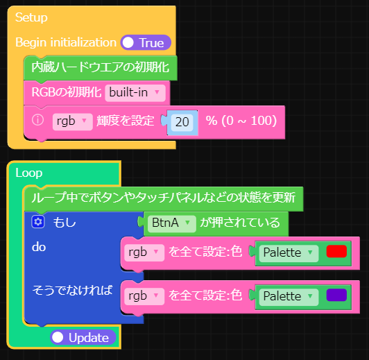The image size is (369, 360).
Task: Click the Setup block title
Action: click(x=31, y=17)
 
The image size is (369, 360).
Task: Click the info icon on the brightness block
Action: click(x=38, y=120)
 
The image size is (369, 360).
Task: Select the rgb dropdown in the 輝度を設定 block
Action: click(x=72, y=121)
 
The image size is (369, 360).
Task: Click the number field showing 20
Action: click(x=182, y=121)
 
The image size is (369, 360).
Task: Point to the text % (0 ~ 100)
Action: click(x=241, y=121)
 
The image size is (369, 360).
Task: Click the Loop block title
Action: click(x=28, y=173)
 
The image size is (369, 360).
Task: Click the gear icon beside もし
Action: click(x=38, y=222)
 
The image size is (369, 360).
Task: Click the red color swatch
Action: click(x=336, y=252)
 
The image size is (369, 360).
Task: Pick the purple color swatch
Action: click(x=336, y=295)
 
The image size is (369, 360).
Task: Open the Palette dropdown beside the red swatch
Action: click(x=289, y=252)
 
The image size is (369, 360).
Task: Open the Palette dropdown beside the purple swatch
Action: click(x=289, y=296)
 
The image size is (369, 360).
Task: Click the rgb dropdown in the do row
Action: click(x=144, y=252)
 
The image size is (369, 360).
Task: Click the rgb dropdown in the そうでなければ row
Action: click(x=144, y=296)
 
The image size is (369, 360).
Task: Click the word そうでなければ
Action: click(x=72, y=291)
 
